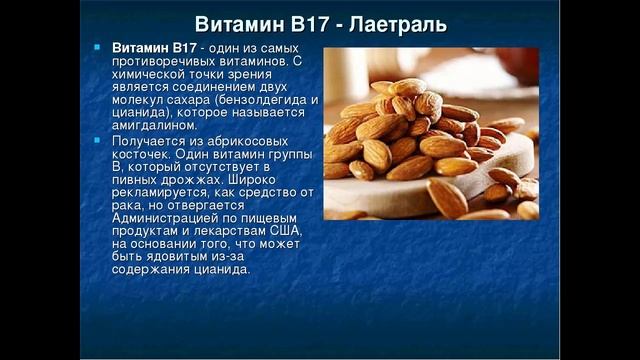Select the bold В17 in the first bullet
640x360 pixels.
(x=181, y=48)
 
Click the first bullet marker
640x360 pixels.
(x=97, y=47)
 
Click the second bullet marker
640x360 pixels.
(x=97, y=140)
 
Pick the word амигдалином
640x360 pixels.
(x=150, y=126)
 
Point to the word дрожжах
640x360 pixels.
(x=198, y=179)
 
